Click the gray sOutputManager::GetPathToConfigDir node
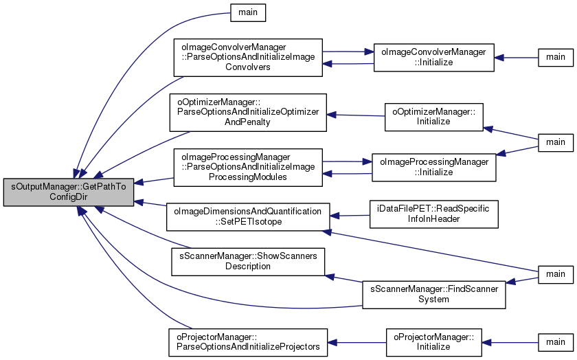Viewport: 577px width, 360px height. pyautogui.click(x=69, y=190)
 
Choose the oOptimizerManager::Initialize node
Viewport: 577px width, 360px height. pyautogui.click(x=434, y=115)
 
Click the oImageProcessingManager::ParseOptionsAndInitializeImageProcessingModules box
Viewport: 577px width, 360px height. pyautogui.click(x=247, y=167)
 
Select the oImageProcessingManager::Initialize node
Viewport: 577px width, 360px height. pyautogui.click(x=433, y=167)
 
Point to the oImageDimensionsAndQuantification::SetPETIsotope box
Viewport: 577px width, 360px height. pyautogui.click(x=248, y=216)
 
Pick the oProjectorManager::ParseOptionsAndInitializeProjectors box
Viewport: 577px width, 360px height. pyautogui.click(x=247, y=341)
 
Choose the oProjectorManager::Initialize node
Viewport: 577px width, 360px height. pyautogui.click(x=433, y=341)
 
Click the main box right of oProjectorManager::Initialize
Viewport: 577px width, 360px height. pyautogui.click(x=555, y=341)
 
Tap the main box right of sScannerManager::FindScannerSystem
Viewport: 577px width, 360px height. pyautogui.click(x=555, y=273)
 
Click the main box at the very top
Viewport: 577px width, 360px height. pyautogui.click(x=247, y=12)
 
